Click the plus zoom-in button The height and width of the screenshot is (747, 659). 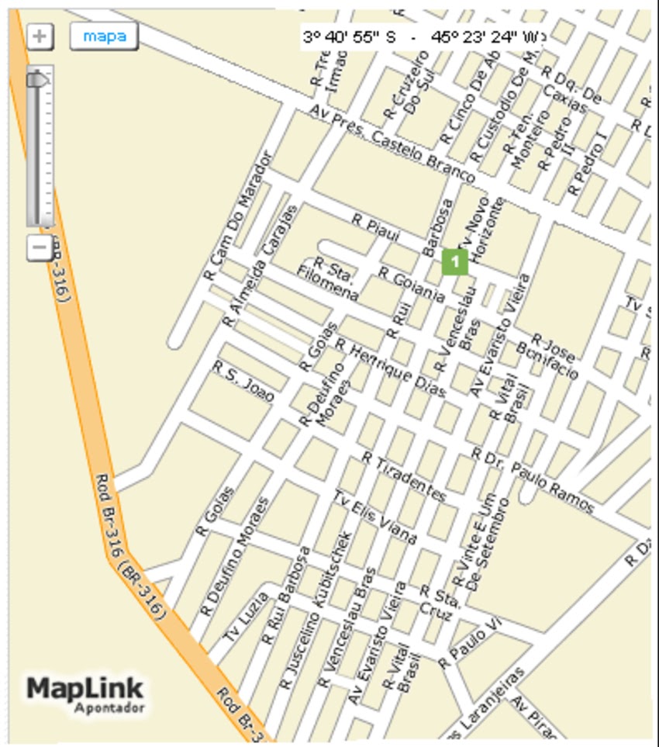click(x=40, y=36)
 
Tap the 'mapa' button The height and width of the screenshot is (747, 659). click(x=104, y=36)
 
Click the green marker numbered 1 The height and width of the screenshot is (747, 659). click(x=455, y=261)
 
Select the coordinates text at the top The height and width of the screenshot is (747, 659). click(x=423, y=36)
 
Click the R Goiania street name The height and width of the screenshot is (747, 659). click(x=411, y=284)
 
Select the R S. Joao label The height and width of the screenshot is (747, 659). click(x=243, y=380)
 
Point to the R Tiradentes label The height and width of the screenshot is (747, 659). click(x=404, y=479)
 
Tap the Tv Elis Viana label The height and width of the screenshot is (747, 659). click(x=375, y=517)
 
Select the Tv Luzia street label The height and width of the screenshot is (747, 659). click(x=246, y=617)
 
